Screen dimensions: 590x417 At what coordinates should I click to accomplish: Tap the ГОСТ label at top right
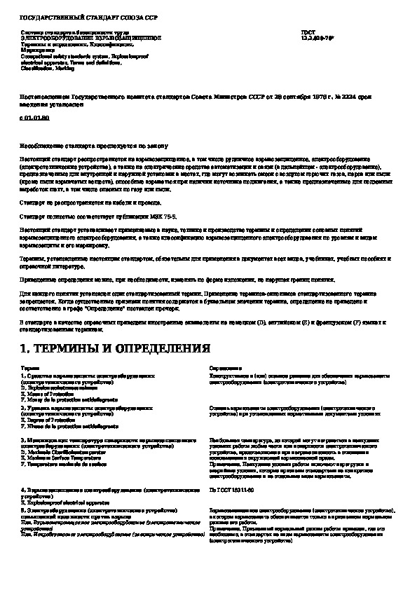coord(307,32)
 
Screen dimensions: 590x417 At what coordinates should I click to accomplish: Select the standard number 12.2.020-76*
coord(315,38)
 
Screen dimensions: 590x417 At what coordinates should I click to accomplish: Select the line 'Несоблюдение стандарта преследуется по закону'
coord(94,146)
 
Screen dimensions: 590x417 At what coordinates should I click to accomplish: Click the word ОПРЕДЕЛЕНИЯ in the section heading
coord(163,348)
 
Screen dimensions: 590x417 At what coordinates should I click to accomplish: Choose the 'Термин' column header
coord(30,367)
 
